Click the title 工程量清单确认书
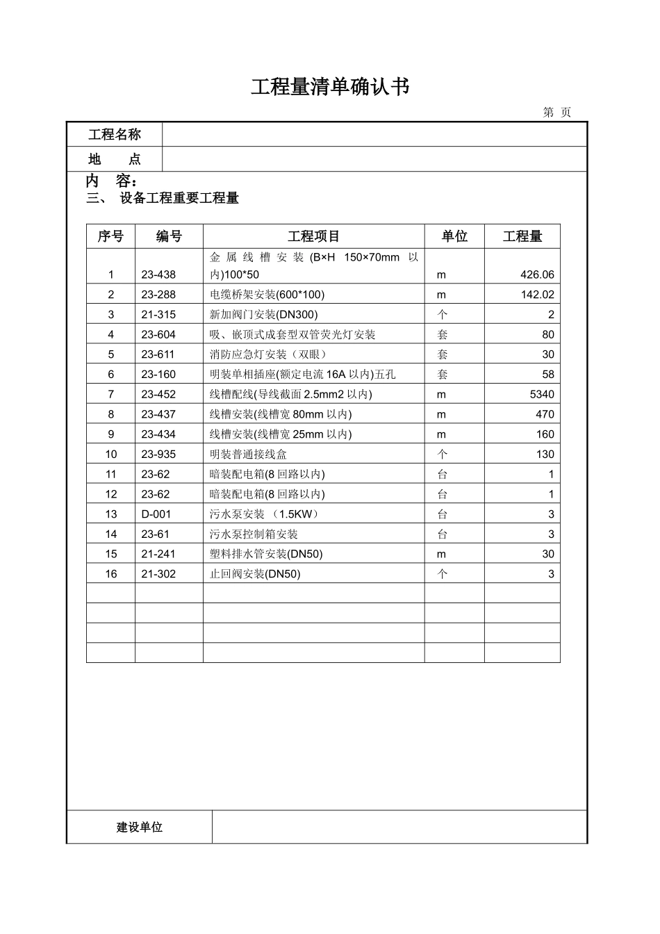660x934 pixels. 329,87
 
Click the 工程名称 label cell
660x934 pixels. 115,135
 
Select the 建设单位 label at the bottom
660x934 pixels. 140,827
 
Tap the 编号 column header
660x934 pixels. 169,236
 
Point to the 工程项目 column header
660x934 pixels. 313,236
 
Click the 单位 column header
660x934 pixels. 454,236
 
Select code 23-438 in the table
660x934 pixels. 158,275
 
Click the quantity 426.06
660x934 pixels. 537,275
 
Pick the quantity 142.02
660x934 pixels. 537,295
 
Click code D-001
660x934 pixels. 156,514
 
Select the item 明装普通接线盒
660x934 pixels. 248,454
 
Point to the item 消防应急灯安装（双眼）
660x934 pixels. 267,354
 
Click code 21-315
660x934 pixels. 158,315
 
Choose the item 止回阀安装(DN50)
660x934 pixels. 255,574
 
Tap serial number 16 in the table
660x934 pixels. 111,574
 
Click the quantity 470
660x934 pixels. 545,414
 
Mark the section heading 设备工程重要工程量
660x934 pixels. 179,199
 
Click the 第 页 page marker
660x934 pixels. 556,113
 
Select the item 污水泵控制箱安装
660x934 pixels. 254,534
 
